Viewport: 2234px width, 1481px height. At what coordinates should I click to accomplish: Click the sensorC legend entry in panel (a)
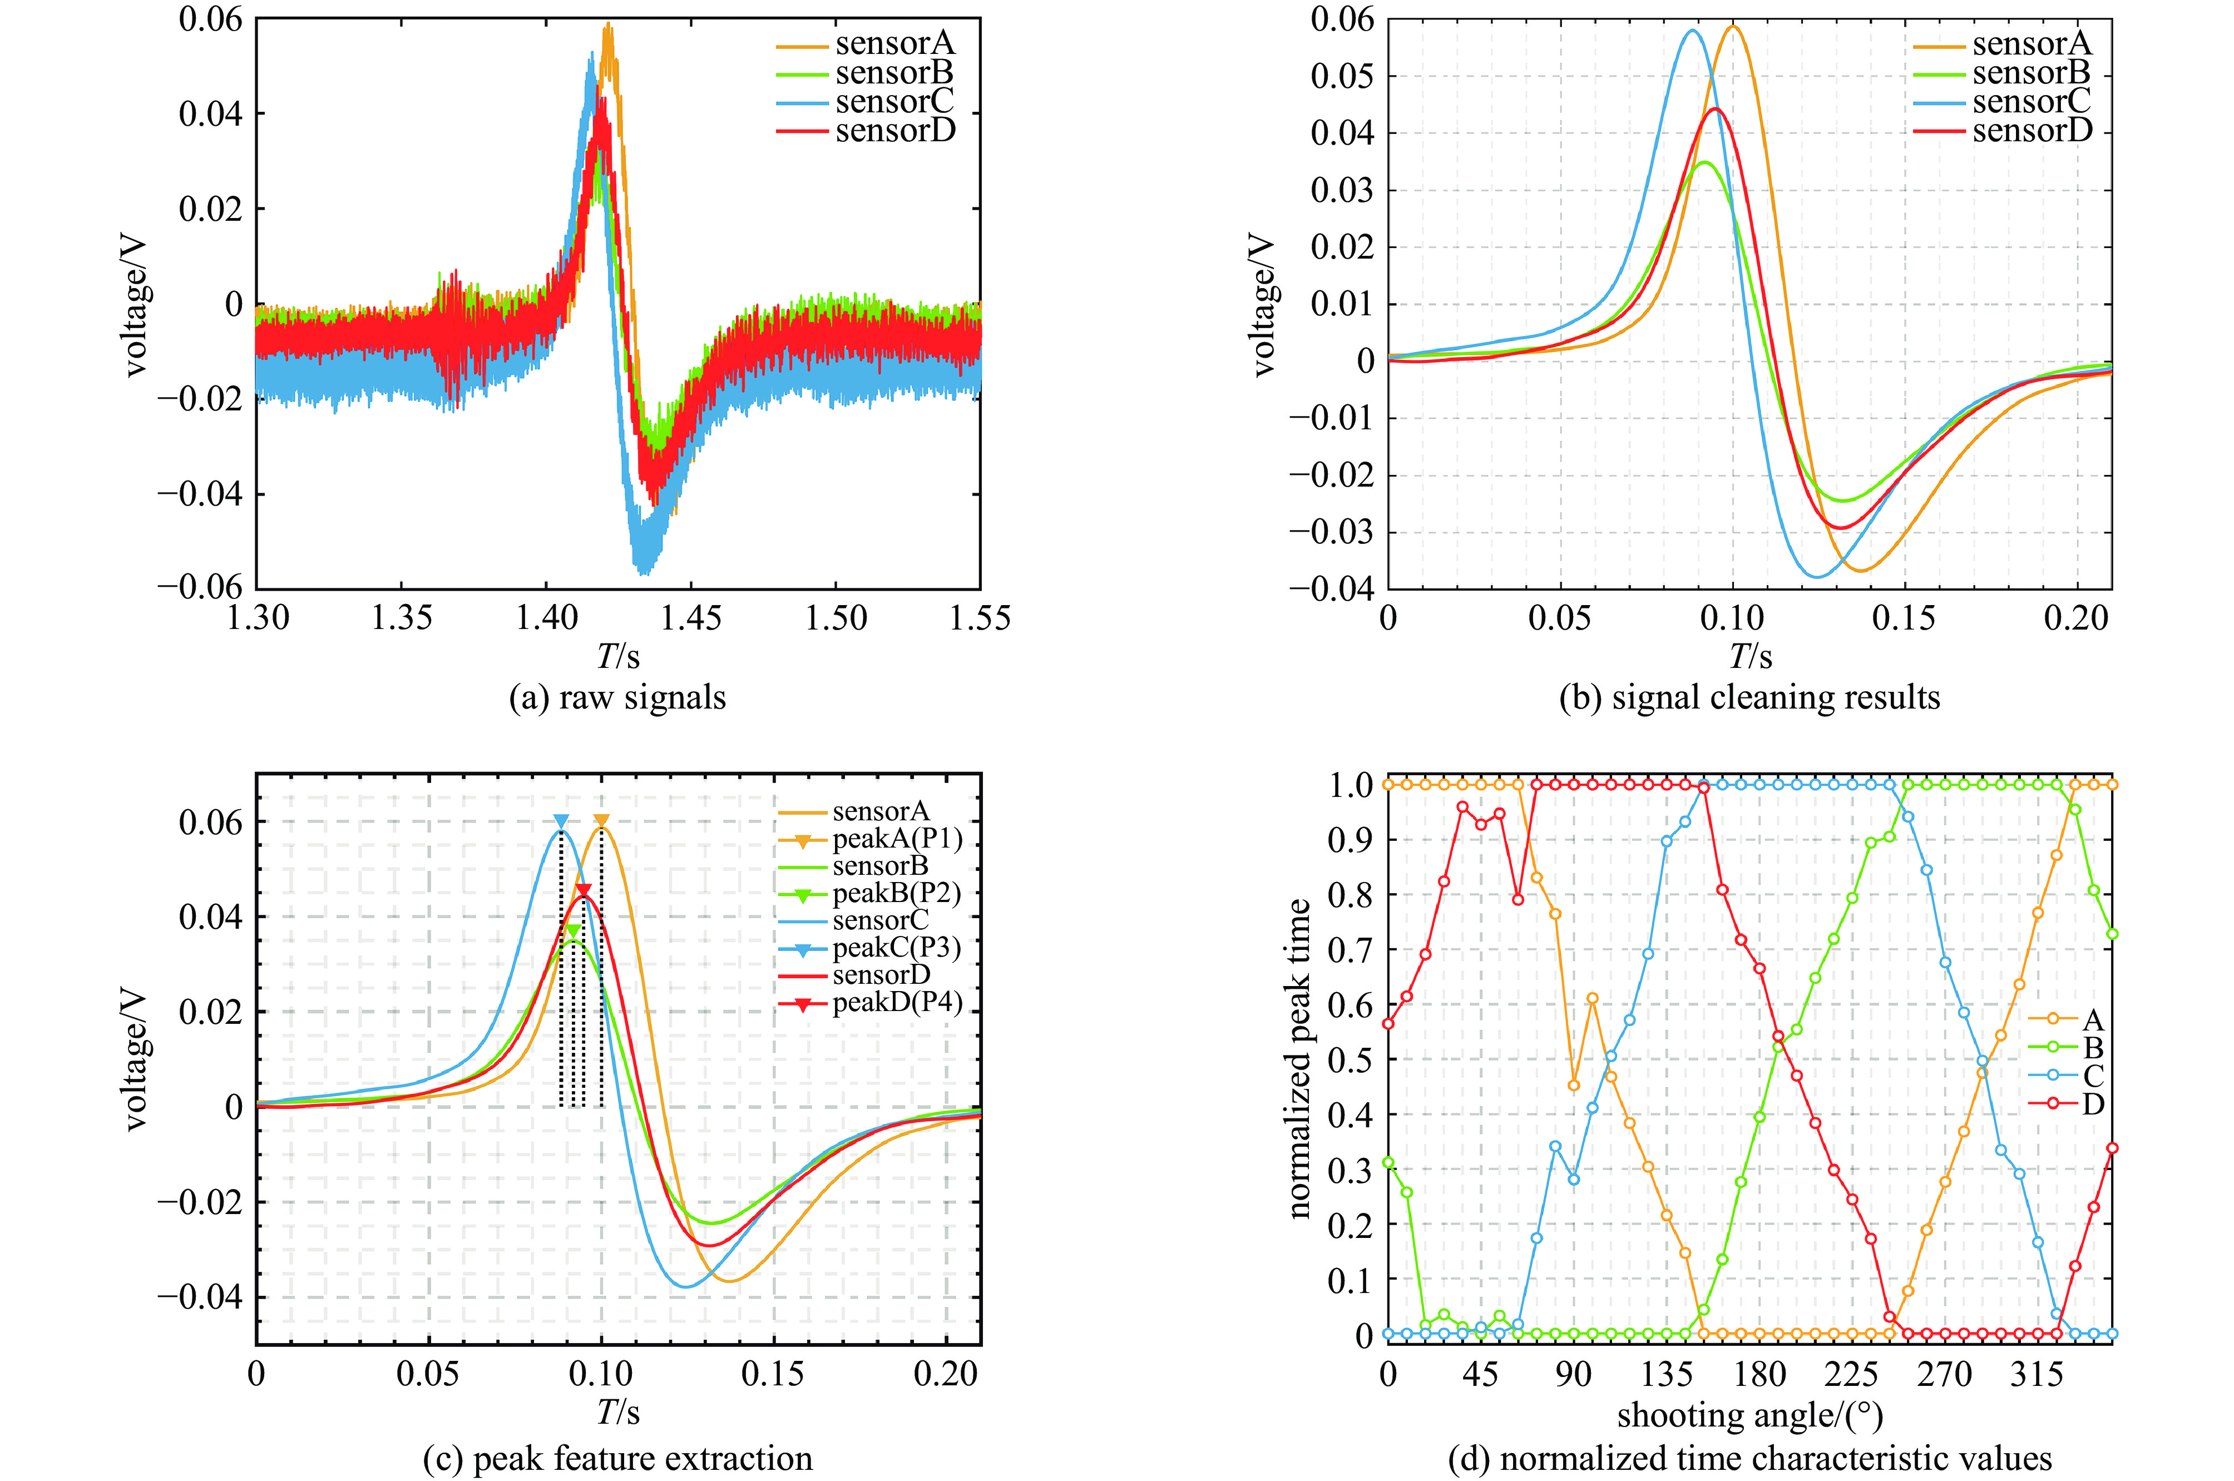pyautogui.click(x=893, y=101)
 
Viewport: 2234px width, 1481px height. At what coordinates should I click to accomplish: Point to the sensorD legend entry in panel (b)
pyautogui.click(x=2031, y=130)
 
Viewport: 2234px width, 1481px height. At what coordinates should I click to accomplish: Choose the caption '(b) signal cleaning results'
pyautogui.click(x=1749, y=698)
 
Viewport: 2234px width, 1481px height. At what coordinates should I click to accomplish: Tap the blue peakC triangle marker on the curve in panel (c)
pyautogui.click(x=561, y=822)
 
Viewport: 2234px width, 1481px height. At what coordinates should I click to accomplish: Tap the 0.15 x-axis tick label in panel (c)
pyautogui.click(x=773, y=1374)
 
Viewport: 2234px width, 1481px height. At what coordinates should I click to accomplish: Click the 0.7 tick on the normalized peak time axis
pyautogui.click(x=1350, y=949)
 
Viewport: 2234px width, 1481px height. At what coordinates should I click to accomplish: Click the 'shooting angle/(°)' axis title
pyautogui.click(x=1749, y=1416)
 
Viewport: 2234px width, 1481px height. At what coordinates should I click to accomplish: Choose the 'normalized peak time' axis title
pyautogui.click(x=1301, y=1058)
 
